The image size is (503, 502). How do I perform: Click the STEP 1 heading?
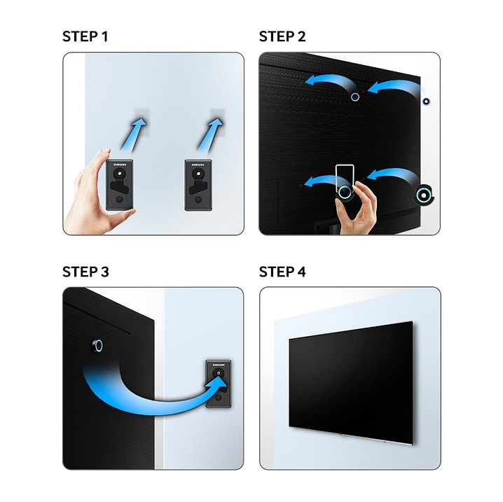pyautogui.click(x=85, y=36)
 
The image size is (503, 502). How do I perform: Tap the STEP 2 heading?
pyautogui.click(x=282, y=36)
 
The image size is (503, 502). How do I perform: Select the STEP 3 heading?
pyautogui.click(x=85, y=272)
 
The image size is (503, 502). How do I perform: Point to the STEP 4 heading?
pyautogui.click(x=282, y=272)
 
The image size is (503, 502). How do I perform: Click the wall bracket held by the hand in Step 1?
pyautogui.click(x=119, y=185)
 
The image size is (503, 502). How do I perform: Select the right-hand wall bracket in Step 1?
pyautogui.click(x=198, y=186)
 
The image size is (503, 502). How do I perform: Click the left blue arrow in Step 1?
pyautogui.click(x=134, y=134)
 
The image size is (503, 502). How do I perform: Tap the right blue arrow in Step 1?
pyautogui.click(x=210, y=134)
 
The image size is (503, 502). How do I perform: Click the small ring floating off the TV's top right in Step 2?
pyautogui.click(x=426, y=102)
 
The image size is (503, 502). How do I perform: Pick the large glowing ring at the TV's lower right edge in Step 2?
pyautogui.click(x=424, y=195)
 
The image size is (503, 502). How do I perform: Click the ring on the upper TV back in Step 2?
pyautogui.click(x=355, y=97)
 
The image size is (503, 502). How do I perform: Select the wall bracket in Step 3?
pyautogui.click(x=218, y=384)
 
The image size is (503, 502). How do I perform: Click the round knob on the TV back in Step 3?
pyautogui.click(x=97, y=346)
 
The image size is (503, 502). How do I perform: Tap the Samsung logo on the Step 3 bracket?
pyautogui.click(x=219, y=365)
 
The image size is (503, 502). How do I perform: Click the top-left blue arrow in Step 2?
pyautogui.click(x=331, y=83)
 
